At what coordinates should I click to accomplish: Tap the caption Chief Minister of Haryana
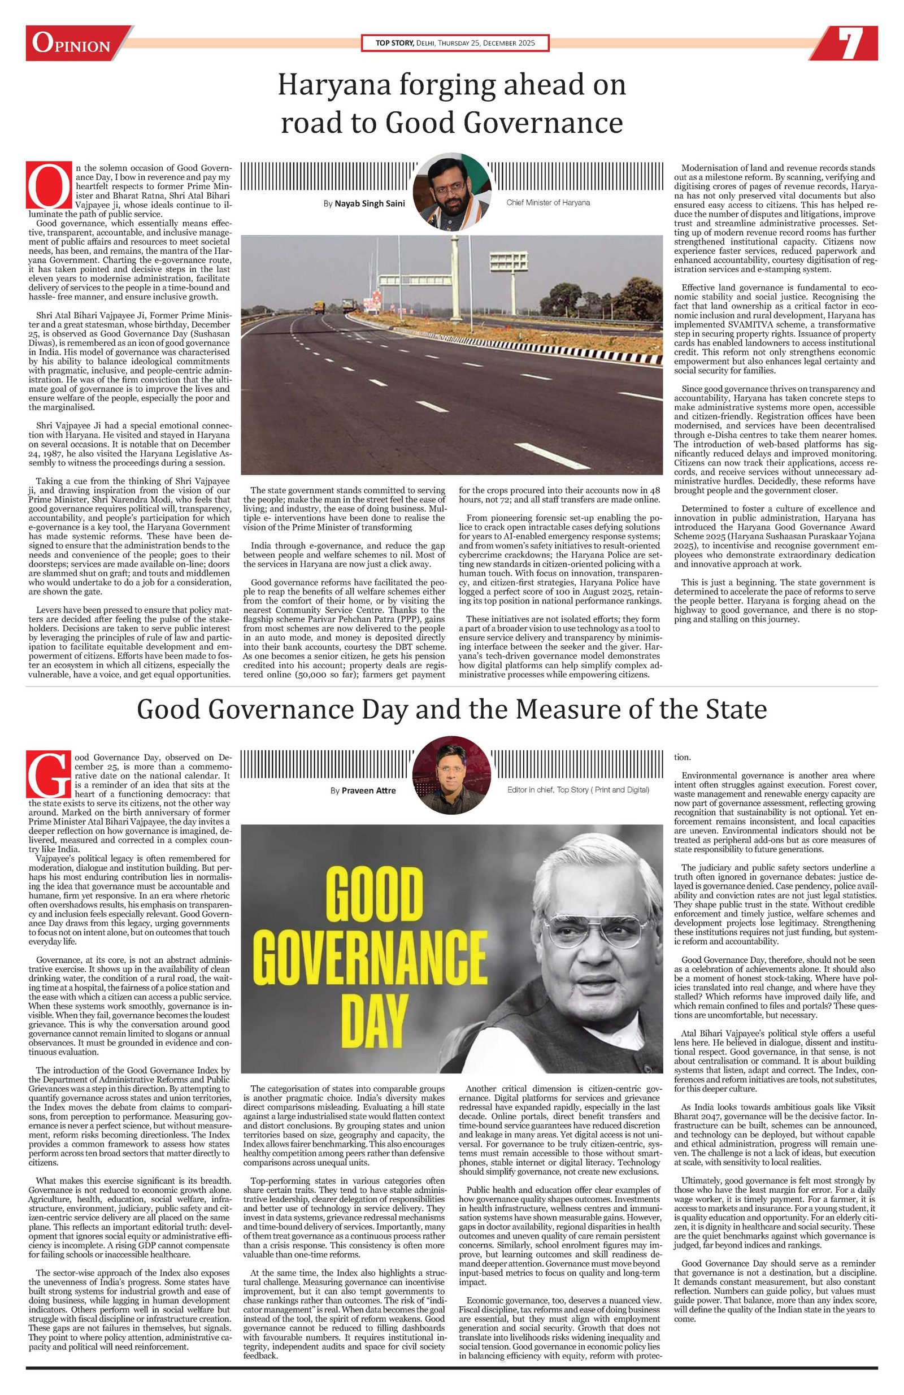(x=547, y=202)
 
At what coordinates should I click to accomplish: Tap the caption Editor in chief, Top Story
(x=577, y=789)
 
